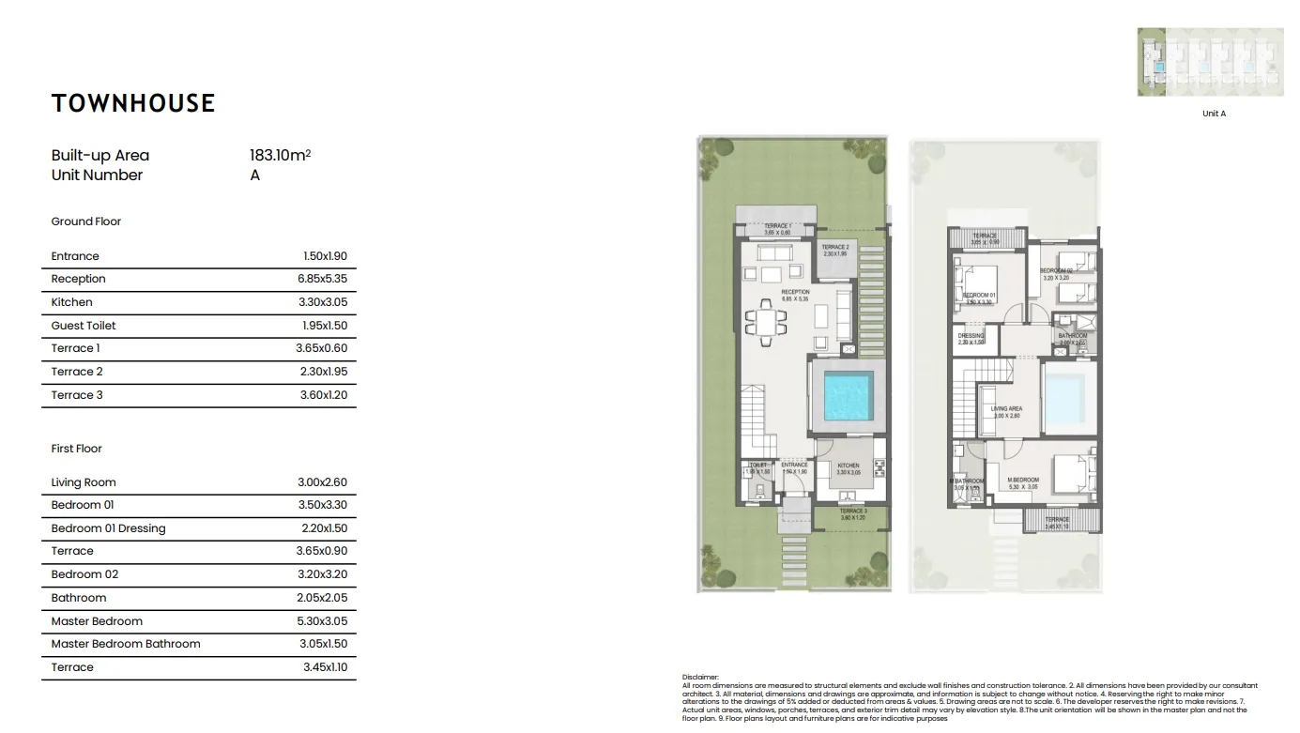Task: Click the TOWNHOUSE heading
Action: pos(133,103)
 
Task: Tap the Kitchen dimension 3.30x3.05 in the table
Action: pos(322,302)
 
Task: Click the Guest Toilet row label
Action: pos(84,326)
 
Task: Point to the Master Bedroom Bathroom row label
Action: pos(126,644)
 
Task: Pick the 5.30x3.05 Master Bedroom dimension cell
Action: pos(322,621)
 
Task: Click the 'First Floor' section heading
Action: pos(77,449)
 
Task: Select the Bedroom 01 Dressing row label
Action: pos(108,528)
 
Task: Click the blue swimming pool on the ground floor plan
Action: pos(849,396)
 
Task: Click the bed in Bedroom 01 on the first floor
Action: pos(981,281)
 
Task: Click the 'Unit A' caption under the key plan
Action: pos(1214,114)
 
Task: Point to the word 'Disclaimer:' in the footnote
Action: pos(700,676)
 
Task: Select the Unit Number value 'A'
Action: pos(255,176)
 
